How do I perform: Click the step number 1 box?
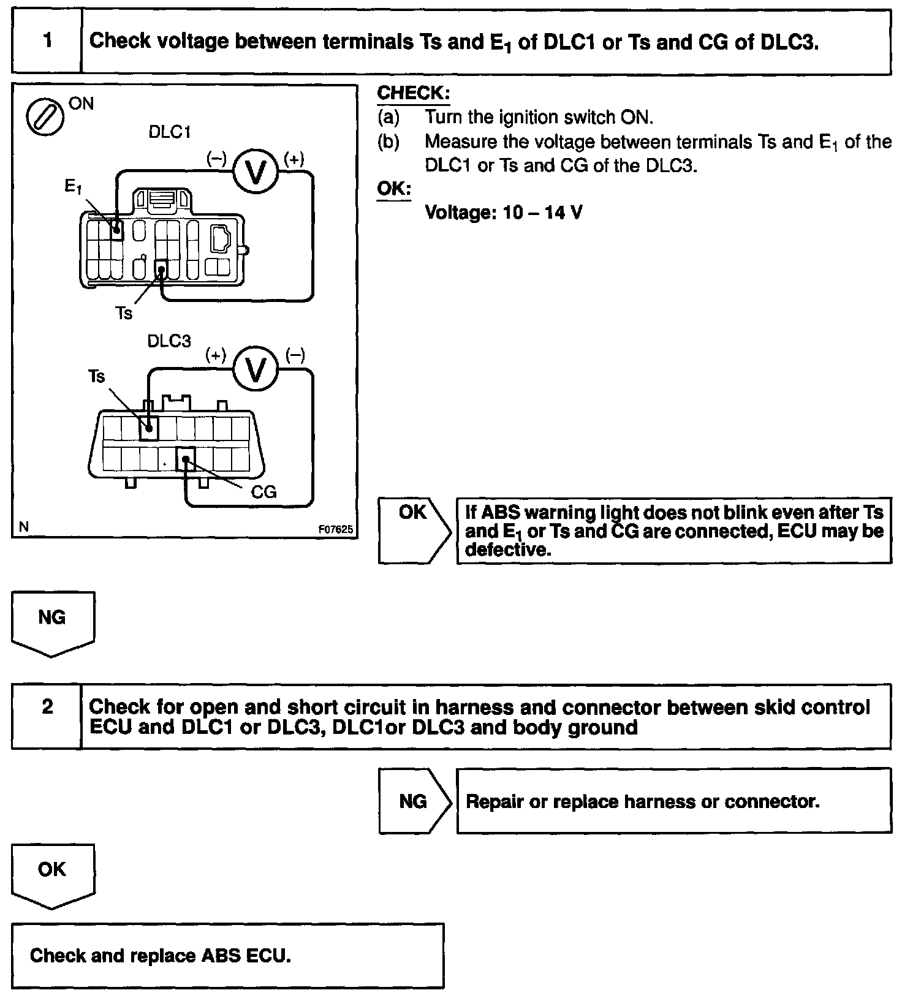tap(47, 42)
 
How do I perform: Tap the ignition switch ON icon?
tap(45, 116)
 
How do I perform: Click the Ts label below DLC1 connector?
tap(124, 313)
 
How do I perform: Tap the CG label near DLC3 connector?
tap(264, 492)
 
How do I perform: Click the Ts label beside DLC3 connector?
tap(96, 376)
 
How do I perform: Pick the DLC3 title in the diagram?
tap(169, 341)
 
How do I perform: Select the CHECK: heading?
tap(413, 93)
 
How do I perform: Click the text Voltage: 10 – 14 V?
tap(503, 213)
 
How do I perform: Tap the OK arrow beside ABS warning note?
tap(414, 530)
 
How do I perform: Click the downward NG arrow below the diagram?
tap(52, 622)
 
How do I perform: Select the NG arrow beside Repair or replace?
tap(414, 801)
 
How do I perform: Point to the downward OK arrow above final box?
tap(52, 874)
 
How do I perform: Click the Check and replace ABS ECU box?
tap(227, 956)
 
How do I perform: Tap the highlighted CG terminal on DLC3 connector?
tap(186, 458)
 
